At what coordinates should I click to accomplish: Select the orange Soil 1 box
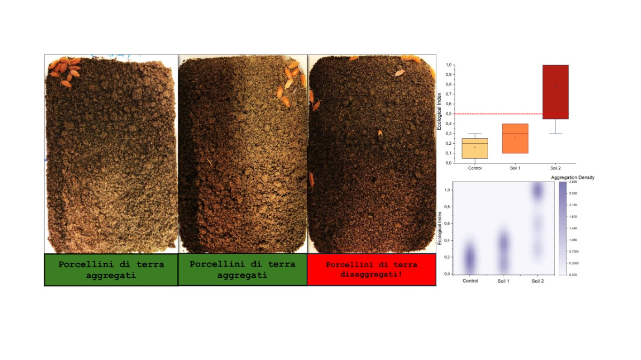click(x=515, y=138)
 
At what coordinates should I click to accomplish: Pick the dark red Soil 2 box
click(x=555, y=91)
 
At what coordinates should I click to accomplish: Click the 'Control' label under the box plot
click(x=475, y=168)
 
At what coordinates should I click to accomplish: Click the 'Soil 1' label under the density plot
click(x=504, y=281)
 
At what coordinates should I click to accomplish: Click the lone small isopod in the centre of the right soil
click(x=380, y=132)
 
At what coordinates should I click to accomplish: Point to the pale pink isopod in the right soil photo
click(x=399, y=73)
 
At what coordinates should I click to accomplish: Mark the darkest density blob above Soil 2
click(x=538, y=191)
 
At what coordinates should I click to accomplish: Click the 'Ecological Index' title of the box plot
click(x=439, y=111)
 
